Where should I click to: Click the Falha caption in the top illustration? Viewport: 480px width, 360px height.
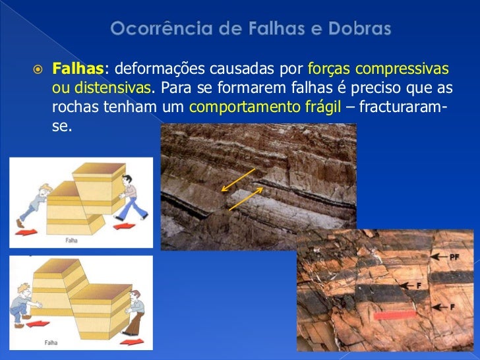click(71, 241)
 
